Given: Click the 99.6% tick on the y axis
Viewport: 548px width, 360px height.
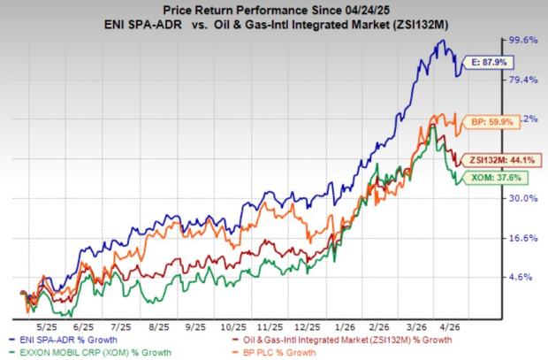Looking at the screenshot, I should tap(520, 41).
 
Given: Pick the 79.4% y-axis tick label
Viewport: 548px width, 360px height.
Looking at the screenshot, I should tap(520, 80).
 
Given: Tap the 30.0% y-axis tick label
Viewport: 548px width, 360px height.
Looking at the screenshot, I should tap(520, 199).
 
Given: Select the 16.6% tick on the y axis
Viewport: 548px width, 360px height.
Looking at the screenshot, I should tap(520, 238).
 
